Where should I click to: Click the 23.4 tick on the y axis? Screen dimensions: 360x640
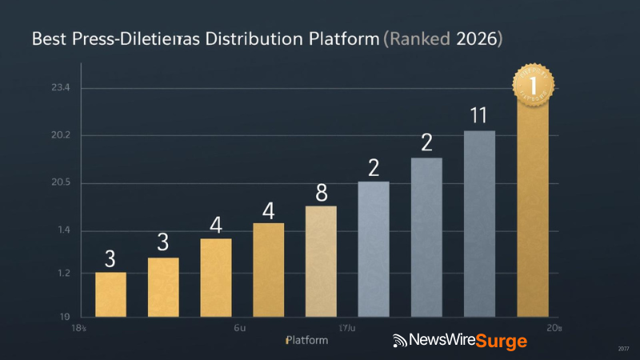click(38, 88)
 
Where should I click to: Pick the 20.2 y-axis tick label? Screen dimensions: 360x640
click(38, 135)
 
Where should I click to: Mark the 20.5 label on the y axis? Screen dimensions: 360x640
click(38, 183)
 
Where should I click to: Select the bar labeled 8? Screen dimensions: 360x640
click(321, 261)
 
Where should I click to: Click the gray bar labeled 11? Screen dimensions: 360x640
click(479, 223)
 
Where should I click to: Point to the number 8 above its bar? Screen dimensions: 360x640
click(322, 193)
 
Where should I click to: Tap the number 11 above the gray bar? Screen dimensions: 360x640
click(478, 116)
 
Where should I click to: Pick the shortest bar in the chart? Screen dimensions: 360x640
click(110, 294)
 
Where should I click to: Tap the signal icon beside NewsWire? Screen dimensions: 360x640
click(399, 342)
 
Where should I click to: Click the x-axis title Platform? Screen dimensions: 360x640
click(306, 341)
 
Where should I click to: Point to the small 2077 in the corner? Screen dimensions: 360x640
click(623, 348)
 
